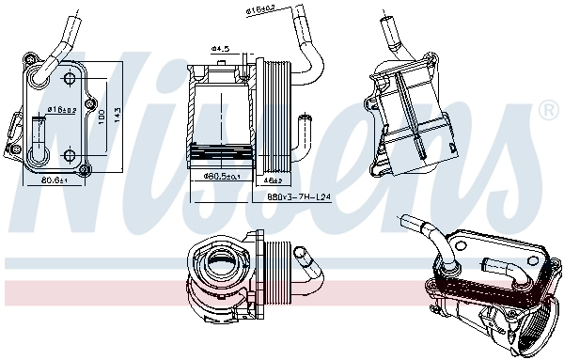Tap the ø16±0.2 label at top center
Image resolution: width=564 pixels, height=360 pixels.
[260, 10]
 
